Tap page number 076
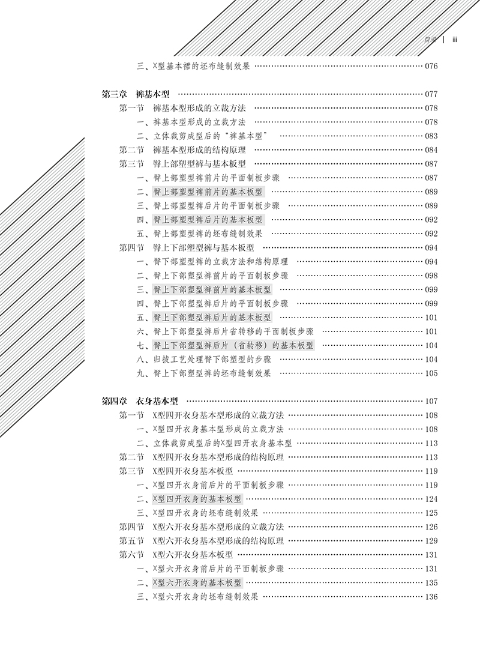431,67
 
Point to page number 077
431,95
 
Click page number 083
431,136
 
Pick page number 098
431,276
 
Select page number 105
431,373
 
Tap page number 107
431,402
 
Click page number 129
431,541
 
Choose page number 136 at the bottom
431,597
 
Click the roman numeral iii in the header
455,40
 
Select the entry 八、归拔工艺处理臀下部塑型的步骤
205,359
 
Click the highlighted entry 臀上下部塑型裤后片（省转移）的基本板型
234,345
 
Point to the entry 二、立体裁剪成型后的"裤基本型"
202,136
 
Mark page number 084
431,150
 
